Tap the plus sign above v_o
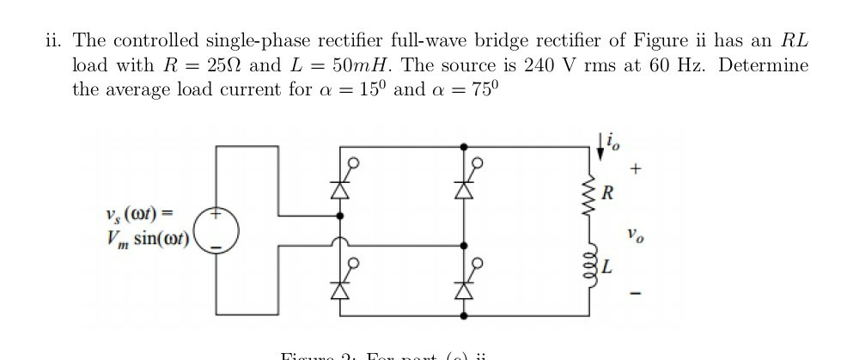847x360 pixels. (634, 171)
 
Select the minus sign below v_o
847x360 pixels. (634, 296)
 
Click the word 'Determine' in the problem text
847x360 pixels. (763, 65)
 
